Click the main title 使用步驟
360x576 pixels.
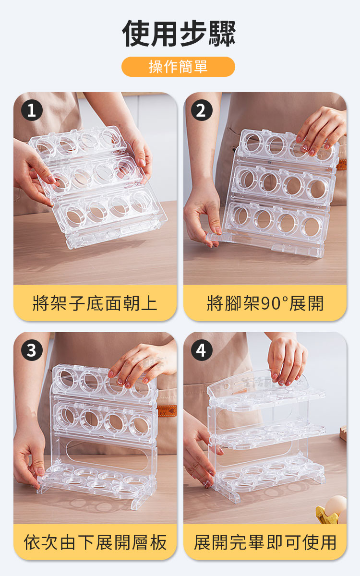pyautogui.click(x=179, y=34)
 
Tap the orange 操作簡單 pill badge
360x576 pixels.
pyautogui.click(x=178, y=67)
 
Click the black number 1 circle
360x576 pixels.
pyautogui.click(x=32, y=110)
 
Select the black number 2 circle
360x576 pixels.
pyautogui.click(x=202, y=110)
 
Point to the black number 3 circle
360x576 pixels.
pyautogui.click(x=32, y=350)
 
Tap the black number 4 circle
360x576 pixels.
pyautogui.click(x=202, y=350)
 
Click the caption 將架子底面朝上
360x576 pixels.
pyautogui.click(x=95, y=303)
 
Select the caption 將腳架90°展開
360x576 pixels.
pyautogui.click(x=265, y=303)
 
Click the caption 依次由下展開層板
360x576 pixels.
pyautogui.click(x=95, y=542)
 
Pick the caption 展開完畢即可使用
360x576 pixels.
pyautogui.click(x=265, y=542)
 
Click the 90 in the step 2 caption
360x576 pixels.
pyautogui.click(x=271, y=304)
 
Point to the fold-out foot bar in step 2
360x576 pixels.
pyautogui.click(x=216, y=236)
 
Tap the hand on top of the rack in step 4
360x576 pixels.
pyautogui.click(x=287, y=359)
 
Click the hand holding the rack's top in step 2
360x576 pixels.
pyautogui.click(x=320, y=131)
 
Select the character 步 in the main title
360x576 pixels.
pyautogui.click(x=193, y=34)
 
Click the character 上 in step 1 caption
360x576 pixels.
pyautogui.click(x=149, y=303)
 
